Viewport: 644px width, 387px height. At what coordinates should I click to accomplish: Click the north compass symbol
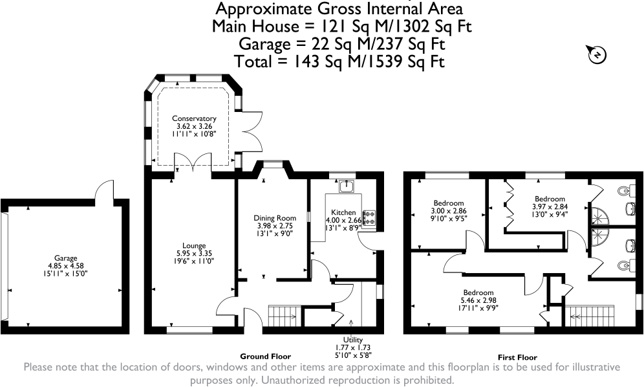click(x=597, y=54)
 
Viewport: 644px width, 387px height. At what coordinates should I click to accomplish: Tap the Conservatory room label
click(x=194, y=118)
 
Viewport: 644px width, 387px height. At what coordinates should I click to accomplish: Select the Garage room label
click(x=66, y=258)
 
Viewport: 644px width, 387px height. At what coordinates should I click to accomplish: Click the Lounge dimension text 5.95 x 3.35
click(x=194, y=253)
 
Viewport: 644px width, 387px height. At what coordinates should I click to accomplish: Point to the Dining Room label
click(x=275, y=218)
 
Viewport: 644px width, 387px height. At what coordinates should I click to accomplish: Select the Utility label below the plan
click(x=353, y=340)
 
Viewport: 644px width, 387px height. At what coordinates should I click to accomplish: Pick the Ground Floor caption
click(x=265, y=357)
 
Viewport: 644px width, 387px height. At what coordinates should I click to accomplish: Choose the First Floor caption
click(x=517, y=357)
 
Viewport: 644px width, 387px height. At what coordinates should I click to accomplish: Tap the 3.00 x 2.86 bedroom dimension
click(x=449, y=211)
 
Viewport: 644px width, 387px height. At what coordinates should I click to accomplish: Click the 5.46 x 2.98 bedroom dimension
click(x=478, y=301)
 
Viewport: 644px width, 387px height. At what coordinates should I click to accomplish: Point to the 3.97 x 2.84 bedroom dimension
click(x=550, y=206)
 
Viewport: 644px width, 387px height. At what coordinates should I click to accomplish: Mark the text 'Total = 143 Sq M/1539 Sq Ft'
click(x=339, y=61)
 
